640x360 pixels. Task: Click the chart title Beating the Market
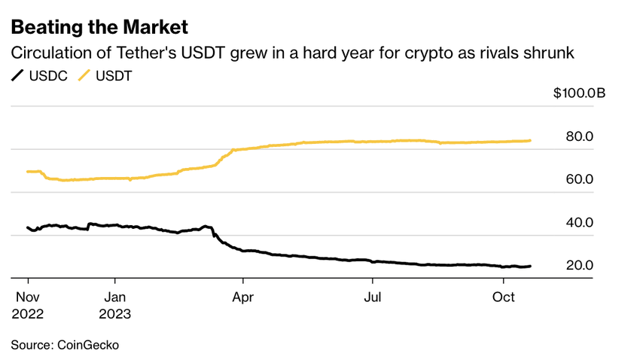pyautogui.click(x=99, y=28)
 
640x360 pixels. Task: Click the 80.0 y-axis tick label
pyautogui.click(x=579, y=136)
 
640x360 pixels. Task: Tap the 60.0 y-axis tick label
pyautogui.click(x=579, y=179)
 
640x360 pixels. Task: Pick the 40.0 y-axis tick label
pyautogui.click(x=579, y=223)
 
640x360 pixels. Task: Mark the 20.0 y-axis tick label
pyautogui.click(x=579, y=266)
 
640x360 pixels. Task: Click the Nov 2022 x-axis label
pyautogui.click(x=27, y=305)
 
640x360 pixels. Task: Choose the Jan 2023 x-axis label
pyautogui.click(x=114, y=305)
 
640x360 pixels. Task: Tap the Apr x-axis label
pyautogui.click(x=242, y=297)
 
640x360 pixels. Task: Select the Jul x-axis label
pyautogui.click(x=372, y=297)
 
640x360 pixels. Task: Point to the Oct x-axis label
pyautogui.click(x=503, y=297)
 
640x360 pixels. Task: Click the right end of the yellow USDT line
pyautogui.click(x=530, y=140)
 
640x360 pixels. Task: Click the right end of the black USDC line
pyautogui.click(x=530, y=266)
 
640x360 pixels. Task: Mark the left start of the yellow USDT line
pyautogui.click(x=28, y=172)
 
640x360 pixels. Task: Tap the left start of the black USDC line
pyautogui.click(x=28, y=227)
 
